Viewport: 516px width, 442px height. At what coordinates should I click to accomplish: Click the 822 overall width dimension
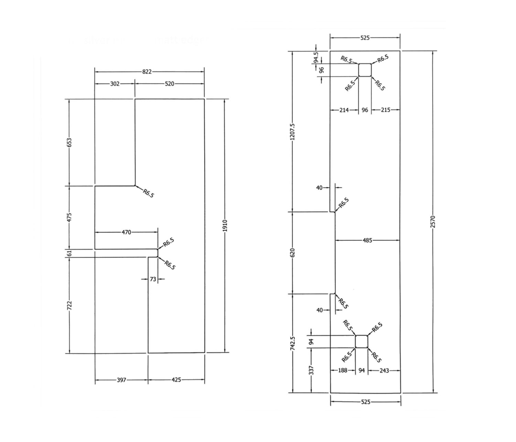[x=147, y=72]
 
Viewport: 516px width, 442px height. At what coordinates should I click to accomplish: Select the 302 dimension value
[x=115, y=84]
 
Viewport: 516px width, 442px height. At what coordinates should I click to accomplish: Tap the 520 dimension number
[x=170, y=84]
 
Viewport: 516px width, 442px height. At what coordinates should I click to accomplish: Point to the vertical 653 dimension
[x=69, y=143]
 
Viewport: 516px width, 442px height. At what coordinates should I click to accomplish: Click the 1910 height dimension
[x=225, y=225]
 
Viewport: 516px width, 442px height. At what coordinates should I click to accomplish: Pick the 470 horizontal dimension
[x=126, y=232]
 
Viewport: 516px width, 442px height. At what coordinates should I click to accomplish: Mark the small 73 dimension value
[x=153, y=279]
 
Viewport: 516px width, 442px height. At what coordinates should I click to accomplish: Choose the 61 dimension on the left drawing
[x=69, y=253]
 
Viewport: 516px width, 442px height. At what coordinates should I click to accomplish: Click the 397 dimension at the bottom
[x=121, y=380]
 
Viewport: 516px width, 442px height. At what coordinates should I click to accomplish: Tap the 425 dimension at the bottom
[x=176, y=380]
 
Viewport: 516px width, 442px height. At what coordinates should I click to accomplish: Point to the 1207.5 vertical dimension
[x=292, y=132]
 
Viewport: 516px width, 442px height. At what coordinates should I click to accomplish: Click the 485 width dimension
[x=367, y=241]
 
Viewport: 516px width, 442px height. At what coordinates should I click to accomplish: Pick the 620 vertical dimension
[x=292, y=253]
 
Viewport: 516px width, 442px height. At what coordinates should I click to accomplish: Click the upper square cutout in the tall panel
[x=365, y=70]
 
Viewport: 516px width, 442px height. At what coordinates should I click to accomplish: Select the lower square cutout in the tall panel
[x=362, y=342]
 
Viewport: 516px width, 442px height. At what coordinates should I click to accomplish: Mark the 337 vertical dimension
[x=311, y=370]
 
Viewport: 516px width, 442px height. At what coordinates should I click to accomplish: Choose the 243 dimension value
[x=384, y=371]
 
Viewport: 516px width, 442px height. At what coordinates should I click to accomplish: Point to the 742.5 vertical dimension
[x=292, y=343]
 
